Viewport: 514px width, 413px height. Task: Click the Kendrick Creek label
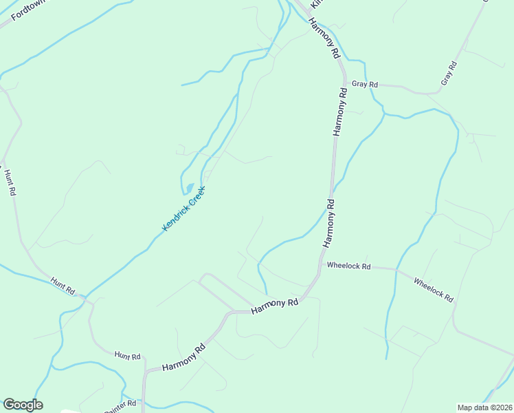coord(183,208)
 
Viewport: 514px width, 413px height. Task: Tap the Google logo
coord(23,405)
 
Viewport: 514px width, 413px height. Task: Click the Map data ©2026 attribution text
coord(485,407)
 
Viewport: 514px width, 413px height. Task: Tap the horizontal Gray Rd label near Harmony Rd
coord(365,84)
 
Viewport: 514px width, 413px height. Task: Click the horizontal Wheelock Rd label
coord(348,266)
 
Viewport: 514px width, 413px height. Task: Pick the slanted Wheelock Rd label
coord(434,289)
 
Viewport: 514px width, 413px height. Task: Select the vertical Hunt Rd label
coord(9,183)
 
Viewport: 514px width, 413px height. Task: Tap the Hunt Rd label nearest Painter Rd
coord(127,356)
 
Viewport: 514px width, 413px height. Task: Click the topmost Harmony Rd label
coord(324,39)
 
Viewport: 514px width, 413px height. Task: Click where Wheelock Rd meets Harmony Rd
coord(320,264)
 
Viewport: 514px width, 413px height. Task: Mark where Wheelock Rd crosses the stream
coord(396,271)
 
